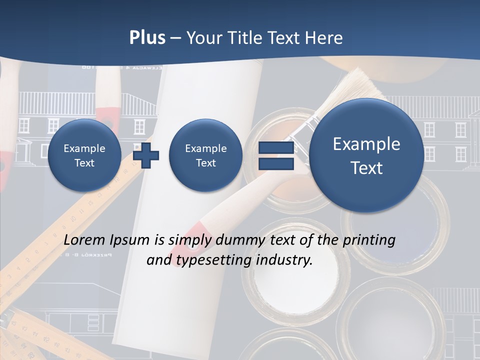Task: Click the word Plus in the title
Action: pos(147,37)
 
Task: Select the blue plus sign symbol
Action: pos(146,155)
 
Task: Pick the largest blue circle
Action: pos(366,155)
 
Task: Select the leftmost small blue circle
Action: pos(84,155)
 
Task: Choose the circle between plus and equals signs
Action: pos(205,155)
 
